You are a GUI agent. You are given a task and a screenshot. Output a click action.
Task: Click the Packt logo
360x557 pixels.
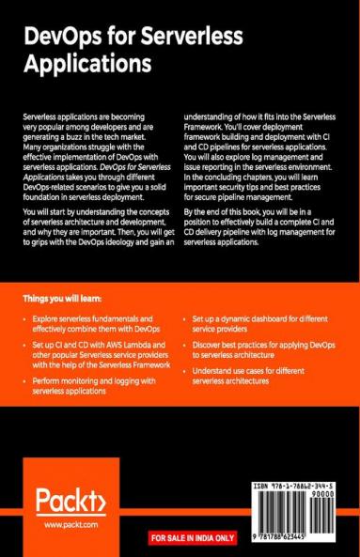[70, 498]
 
